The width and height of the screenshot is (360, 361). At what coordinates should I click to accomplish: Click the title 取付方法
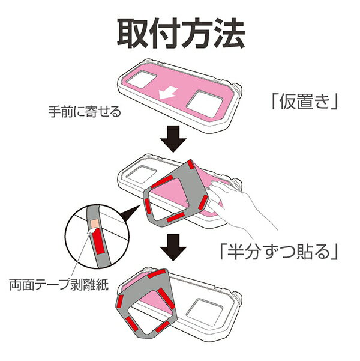coord(181,34)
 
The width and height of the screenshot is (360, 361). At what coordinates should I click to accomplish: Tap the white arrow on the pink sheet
coord(169,93)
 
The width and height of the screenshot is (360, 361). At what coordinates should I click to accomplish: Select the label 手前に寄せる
coord(85,112)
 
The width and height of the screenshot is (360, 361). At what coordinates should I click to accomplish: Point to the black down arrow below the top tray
coord(173,139)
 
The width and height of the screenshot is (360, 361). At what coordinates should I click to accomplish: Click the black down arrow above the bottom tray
coord(173,247)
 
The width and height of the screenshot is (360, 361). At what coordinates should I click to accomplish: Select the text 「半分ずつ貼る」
coord(279,252)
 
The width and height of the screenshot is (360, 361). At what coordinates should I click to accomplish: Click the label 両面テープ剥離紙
coord(59,285)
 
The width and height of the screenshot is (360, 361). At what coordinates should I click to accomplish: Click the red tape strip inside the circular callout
coord(98,241)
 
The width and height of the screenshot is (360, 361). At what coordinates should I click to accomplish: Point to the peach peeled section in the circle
coord(95,223)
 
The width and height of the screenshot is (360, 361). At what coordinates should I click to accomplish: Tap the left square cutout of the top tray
coord(142,79)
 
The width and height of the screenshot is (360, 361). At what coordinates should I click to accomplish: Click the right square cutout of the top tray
coord(205,104)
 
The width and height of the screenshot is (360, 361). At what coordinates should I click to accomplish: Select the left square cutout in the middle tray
coord(141,174)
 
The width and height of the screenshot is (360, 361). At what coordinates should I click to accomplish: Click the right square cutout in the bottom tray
coord(205,312)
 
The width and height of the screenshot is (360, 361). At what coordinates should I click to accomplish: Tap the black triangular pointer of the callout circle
coord(131,213)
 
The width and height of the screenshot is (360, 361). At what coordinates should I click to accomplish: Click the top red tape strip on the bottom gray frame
coord(157,274)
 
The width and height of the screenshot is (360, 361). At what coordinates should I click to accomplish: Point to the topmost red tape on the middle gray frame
coord(191,165)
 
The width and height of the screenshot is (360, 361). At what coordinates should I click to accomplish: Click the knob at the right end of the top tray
coord(238,89)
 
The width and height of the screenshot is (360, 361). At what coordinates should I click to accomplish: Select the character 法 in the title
coord(229,34)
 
